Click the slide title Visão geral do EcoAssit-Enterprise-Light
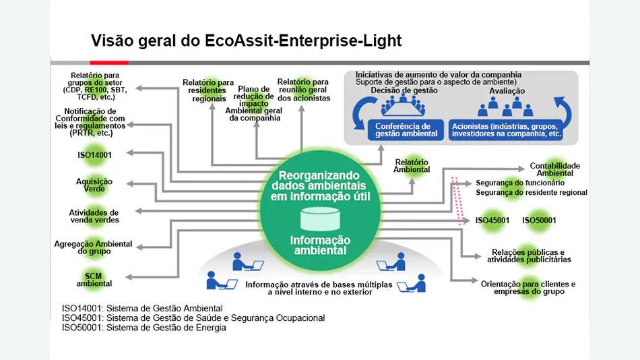(246, 41)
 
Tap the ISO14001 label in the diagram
(95, 155)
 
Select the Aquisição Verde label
(94, 185)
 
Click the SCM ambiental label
(94, 279)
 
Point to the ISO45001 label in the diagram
(492, 220)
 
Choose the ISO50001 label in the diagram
(539, 220)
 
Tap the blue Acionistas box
(507, 129)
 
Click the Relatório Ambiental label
(412, 166)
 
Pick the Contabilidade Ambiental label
(554, 169)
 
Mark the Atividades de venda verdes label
(94, 216)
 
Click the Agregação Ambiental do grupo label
(94, 247)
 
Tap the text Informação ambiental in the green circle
(320, 245)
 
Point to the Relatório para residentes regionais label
(208, 90)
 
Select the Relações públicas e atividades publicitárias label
(532, 256)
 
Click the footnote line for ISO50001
(144, 328)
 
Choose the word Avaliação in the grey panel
(507, 91)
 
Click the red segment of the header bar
(109, 63)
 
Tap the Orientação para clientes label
(528, 287)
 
